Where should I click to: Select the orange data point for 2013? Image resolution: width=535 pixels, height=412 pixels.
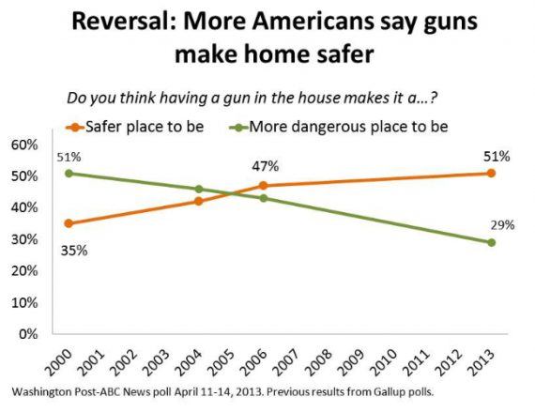tap(491, 174)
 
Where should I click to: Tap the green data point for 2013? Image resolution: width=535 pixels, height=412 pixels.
tap(491, 242)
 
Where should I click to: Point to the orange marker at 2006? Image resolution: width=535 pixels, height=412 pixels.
tap(263, 186)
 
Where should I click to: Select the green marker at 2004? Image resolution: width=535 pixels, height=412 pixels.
tap(198, 189)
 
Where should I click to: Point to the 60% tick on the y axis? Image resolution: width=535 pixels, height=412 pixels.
tap(24, 145)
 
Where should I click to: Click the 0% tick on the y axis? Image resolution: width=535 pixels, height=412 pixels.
tap(28, 333)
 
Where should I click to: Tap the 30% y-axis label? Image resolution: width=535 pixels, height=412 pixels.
tap(24, 238)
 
